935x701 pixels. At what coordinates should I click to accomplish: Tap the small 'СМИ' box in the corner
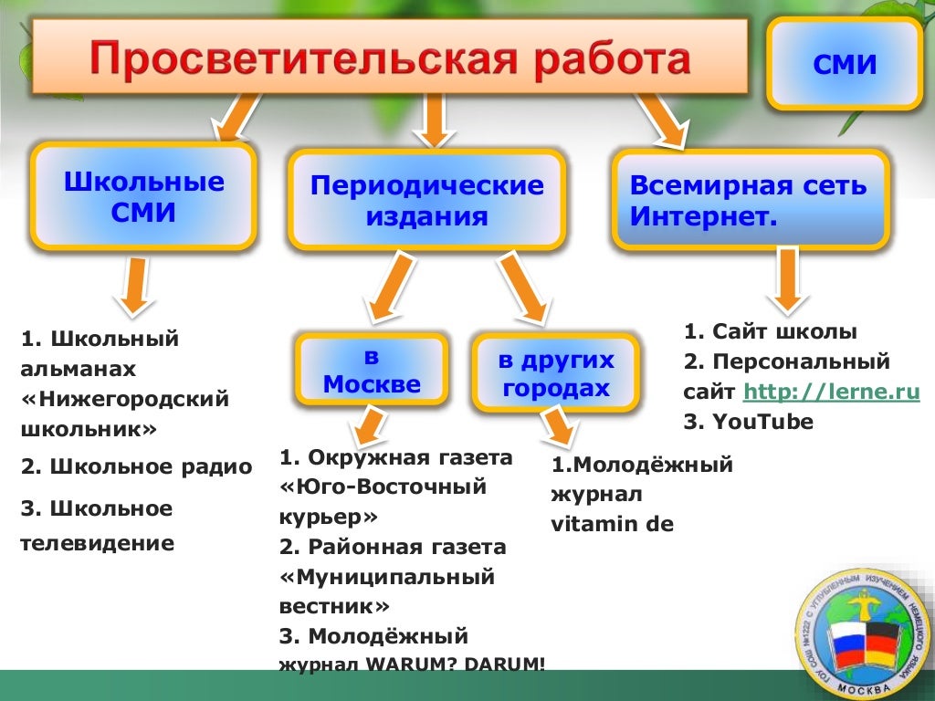coord(844,65)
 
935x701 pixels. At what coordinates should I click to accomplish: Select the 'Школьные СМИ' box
coord(143,197)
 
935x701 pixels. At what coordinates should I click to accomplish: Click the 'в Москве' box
coord(372,370)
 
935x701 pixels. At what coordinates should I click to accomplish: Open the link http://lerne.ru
coord(831,392)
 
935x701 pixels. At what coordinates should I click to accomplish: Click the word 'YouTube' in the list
coord(763,422)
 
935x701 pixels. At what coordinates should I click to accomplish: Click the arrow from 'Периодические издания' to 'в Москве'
coord(388,289)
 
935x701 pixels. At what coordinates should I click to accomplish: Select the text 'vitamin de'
coord(612,524)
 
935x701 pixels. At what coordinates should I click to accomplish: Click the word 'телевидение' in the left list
coord(97,544)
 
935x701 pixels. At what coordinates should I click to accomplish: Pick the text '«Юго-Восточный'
coord(383,487)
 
